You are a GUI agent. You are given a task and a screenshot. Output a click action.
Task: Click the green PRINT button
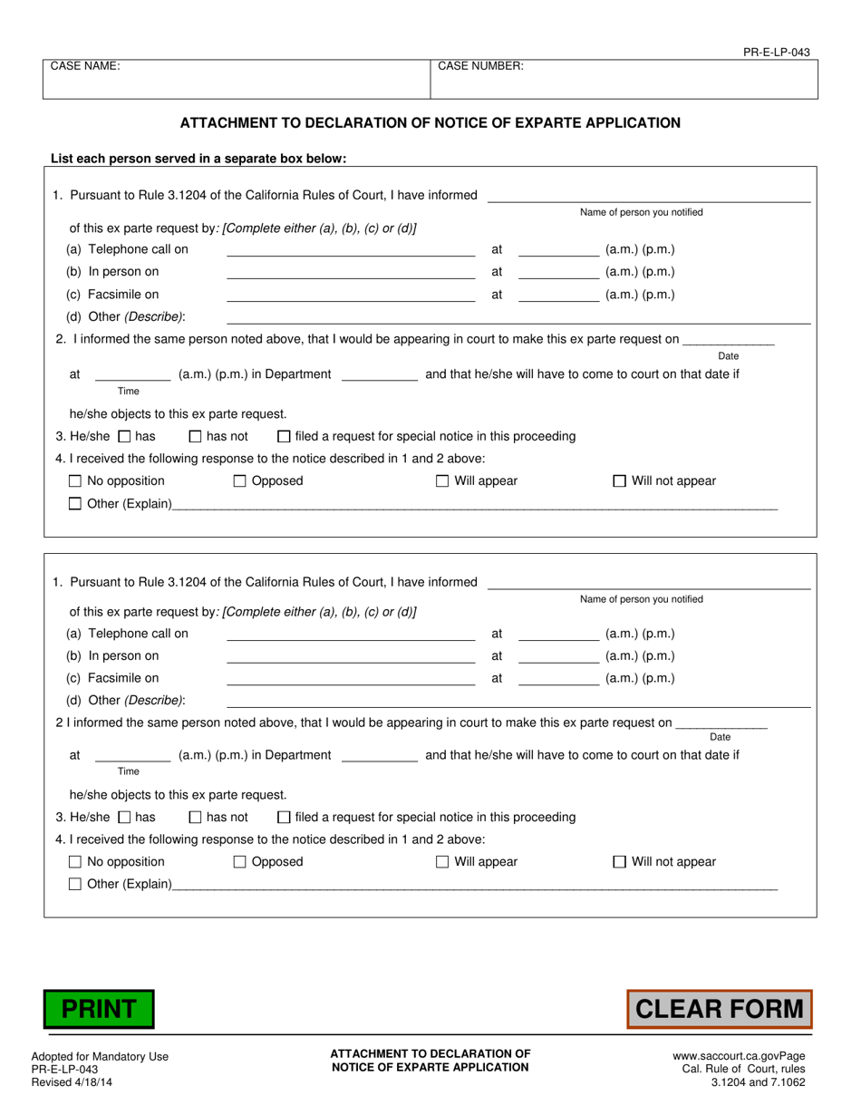click(x=99, y=1009)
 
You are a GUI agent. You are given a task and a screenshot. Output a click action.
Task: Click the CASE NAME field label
click(x=85, y=66)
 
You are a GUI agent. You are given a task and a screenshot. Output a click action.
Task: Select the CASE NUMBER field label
click(x=480, y=66)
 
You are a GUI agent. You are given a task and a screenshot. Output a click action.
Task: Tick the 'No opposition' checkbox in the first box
click(x=75, y=481)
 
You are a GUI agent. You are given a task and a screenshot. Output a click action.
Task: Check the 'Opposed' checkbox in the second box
click(x=240, y=862)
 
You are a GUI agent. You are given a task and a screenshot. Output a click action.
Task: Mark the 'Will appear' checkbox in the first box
click(x=442, y=481)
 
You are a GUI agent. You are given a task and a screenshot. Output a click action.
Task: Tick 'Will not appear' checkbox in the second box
click(x=620, y=862)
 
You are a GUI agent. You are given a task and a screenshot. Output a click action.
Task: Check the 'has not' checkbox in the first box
click(x=195, y=436)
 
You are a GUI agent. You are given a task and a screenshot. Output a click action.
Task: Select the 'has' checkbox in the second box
click(x=125, y=817)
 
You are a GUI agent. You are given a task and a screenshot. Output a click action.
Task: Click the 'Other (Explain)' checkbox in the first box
click(x=75, y=504)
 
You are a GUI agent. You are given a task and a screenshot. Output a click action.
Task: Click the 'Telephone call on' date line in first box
click(x=350, y=251)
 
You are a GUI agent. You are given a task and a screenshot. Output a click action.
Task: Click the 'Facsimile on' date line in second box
click(x=350, y=680)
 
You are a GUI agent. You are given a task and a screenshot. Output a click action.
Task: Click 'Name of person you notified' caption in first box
click(x=641, y=212)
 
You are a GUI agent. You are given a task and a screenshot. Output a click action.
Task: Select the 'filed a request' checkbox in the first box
click(x=284, y=436)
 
